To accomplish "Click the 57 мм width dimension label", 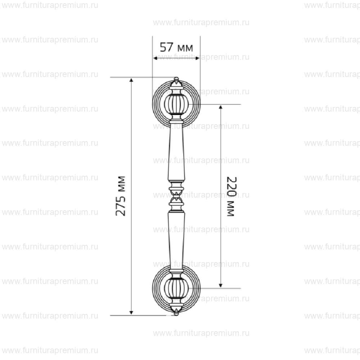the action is pyautogui.click(x=176, y=47).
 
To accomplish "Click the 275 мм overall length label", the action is pyautogui.click(x=121, y=196).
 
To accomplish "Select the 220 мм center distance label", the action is pyautogui.click(x=231, y=196).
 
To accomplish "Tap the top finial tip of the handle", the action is pyautogui.click(x=176, y=78).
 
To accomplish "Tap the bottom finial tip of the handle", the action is pyautogui.click(x=176, y=315).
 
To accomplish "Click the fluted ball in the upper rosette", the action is pyautogui.click(x=176, y=104).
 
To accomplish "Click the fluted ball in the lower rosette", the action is pyautogui.click(x=176, y=288).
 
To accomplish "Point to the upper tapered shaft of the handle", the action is pyautogui.click(x=176, y=152).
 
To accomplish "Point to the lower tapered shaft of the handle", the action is pyautogui.click(x=176, y=239).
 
